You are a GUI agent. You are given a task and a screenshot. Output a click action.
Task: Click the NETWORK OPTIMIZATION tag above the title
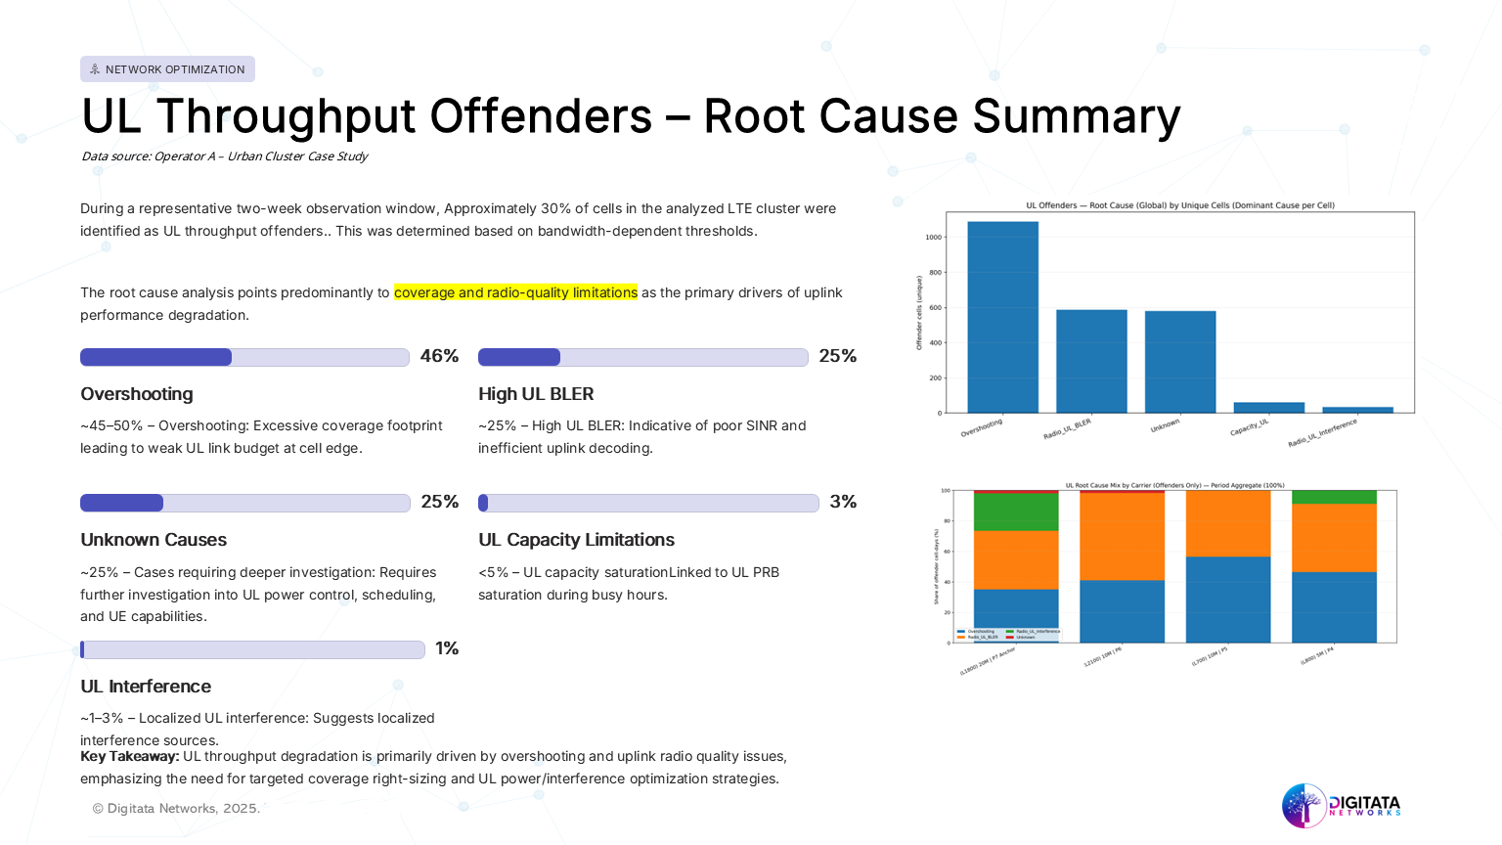(x=167, y=69)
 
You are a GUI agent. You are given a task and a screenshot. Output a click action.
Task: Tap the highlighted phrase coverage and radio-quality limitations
(x=515, y=292)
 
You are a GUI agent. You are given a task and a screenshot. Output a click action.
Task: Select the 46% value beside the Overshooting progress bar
(x=439, y=356)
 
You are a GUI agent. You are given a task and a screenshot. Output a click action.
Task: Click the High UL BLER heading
(x=536, y=394)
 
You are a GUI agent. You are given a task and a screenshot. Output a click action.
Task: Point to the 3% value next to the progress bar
(x=843, y=502)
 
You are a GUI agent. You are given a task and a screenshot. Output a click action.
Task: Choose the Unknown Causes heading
(x=154, y=540)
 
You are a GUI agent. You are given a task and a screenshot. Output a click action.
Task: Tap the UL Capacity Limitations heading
(x=576, y=540)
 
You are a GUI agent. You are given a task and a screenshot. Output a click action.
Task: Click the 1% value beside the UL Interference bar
(x=447, y=648)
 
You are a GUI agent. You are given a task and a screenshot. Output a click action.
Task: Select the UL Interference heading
(x=146, y=687)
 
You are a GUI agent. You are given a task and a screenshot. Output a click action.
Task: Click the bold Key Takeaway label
(x=129, y=756)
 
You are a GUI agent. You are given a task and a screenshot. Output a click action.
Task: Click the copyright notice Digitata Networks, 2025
(x=176, y=809)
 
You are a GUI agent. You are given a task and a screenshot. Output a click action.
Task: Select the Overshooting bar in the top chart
(x=1002, y=317)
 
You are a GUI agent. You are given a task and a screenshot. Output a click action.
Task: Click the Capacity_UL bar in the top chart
(x=1268, y=408)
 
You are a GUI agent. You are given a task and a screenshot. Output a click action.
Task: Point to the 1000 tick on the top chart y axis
(x=933, y=238)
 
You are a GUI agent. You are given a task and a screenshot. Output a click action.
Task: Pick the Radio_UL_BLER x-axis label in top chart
(x=1068, y=428)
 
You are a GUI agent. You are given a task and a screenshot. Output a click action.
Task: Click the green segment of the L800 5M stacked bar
(x=1334, y=497)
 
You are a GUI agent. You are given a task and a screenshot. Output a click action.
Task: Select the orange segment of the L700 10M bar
(x=1227, y=523)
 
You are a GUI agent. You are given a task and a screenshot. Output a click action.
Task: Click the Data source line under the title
(x=224, y=156)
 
